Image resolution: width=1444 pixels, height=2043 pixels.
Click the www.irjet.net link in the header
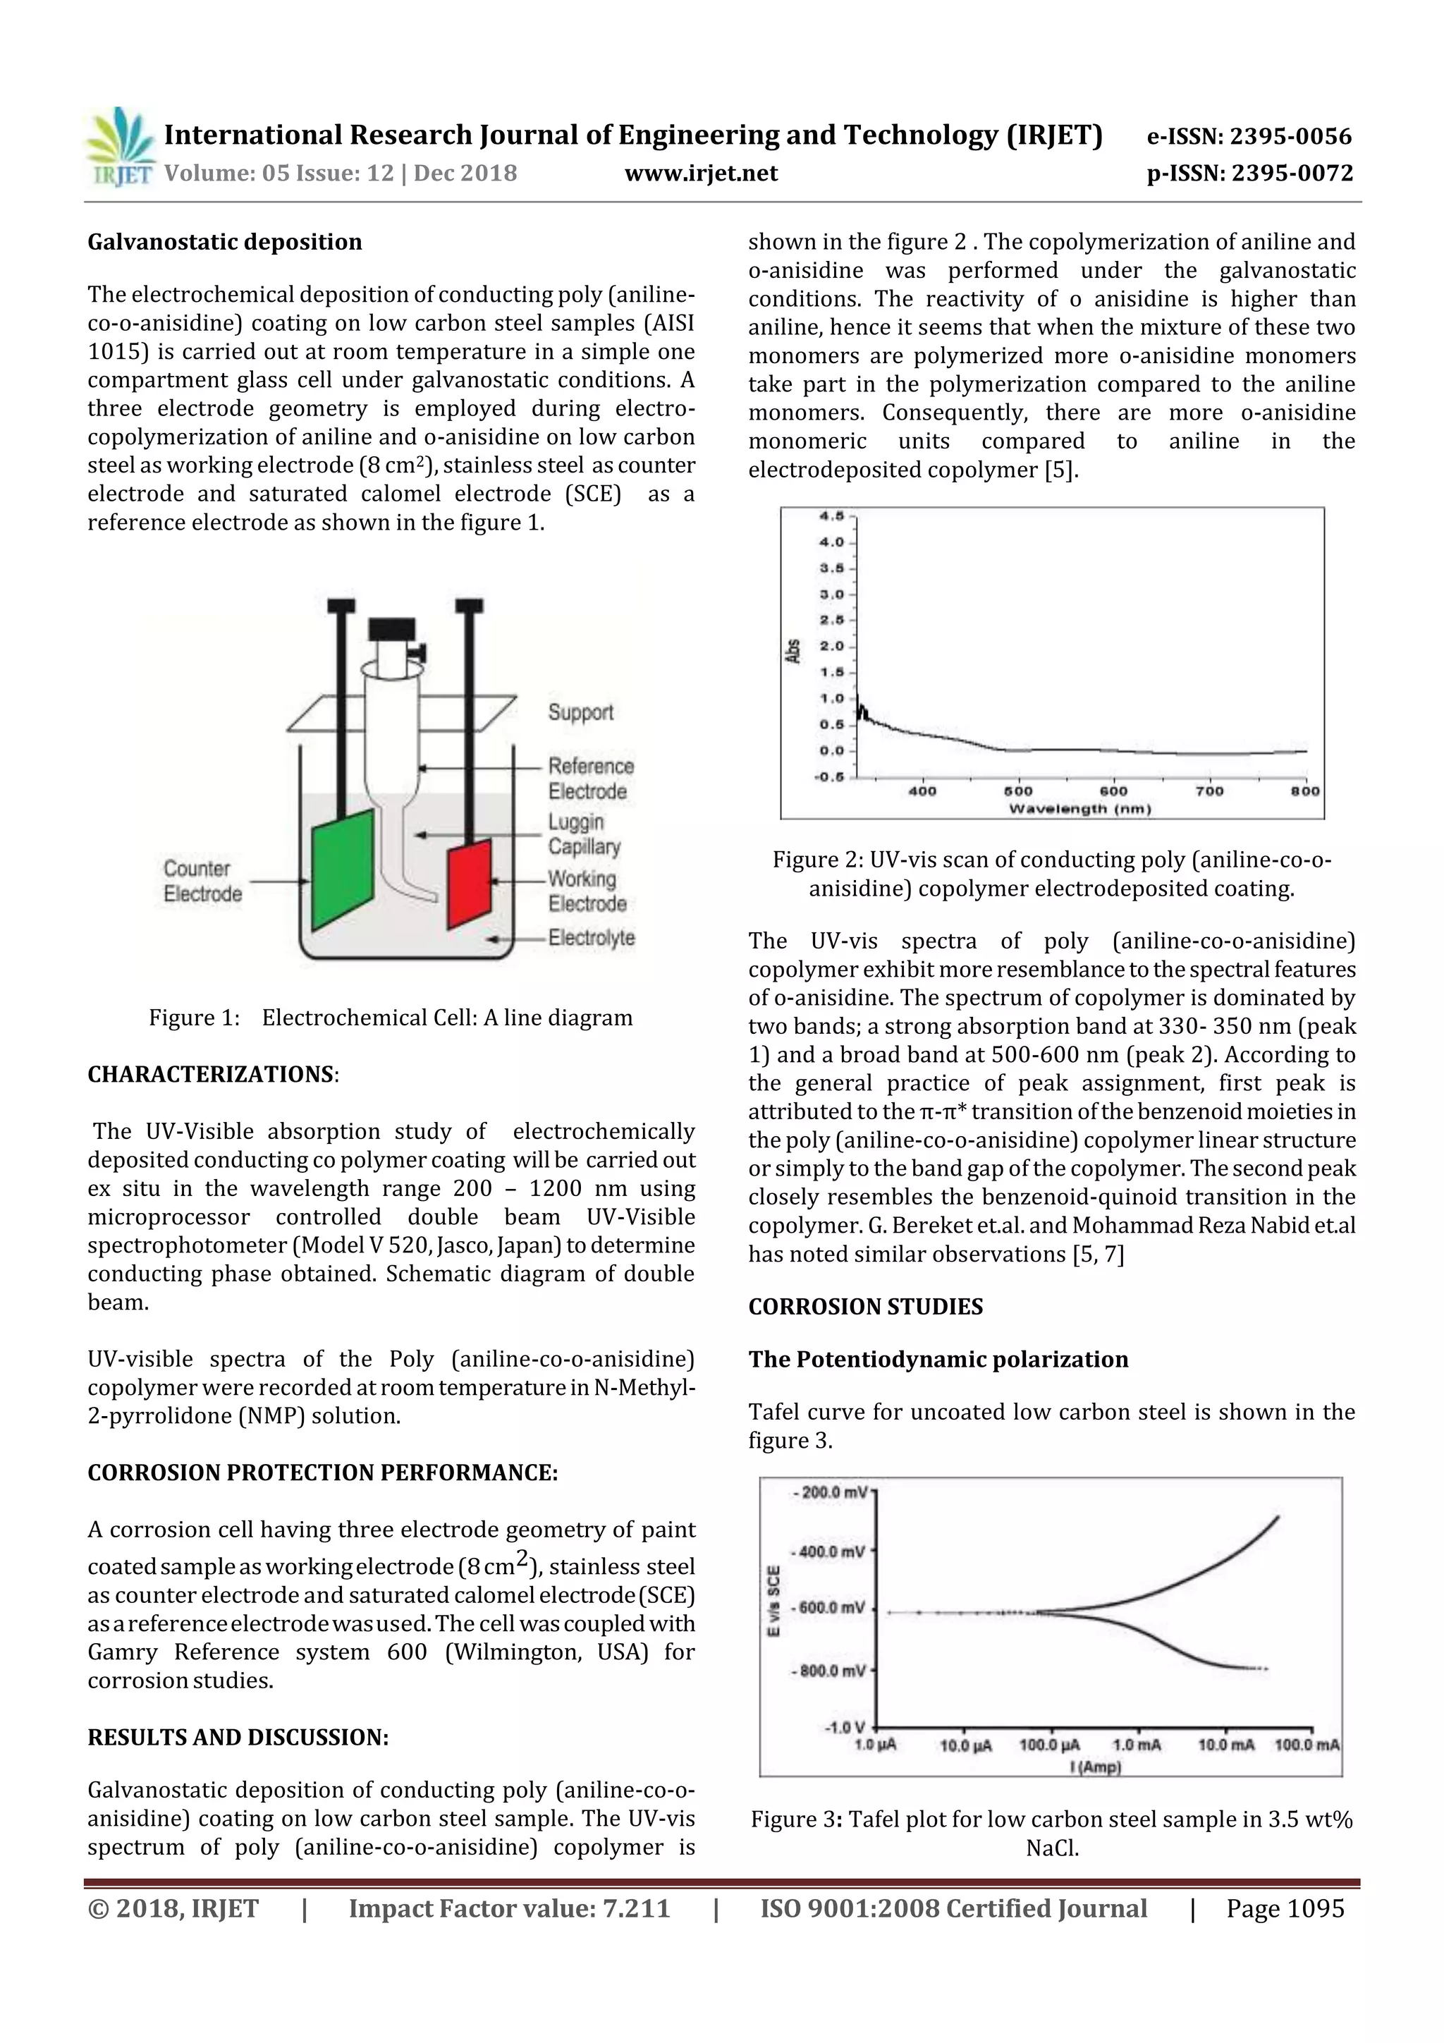(x=701, y=173)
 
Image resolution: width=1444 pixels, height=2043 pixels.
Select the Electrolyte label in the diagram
(x=592, y=938)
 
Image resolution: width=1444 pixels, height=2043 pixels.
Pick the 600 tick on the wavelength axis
(x=1113, y=790)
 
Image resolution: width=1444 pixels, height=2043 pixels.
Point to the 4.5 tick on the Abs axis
(x=832, y=516)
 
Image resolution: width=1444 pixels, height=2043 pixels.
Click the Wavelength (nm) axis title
(x=1079, y=809)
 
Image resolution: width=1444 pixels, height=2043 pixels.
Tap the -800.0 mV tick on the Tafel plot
(x=828, y=1671)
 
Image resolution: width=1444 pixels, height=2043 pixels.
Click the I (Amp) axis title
(x=1095, y=1767)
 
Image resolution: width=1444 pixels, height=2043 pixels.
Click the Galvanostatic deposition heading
(x=225, y=242)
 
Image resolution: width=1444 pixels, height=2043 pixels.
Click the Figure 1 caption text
(x=391, y=1018)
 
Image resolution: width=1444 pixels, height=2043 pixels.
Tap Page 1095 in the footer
(x=1285, y=1908)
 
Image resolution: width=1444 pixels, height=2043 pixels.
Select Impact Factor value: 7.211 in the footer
(x=509, y=1908)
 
